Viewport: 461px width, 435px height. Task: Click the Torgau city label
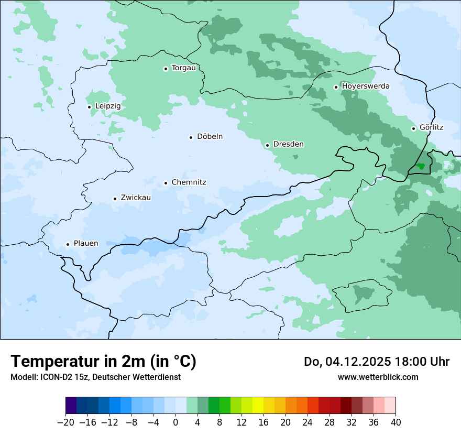coord(183,68)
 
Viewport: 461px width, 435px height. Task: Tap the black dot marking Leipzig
coord(90,107)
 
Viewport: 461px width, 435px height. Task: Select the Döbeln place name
coord(210,137)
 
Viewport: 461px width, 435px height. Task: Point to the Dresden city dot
coord(267,145)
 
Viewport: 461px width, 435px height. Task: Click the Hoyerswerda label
coord(366,86)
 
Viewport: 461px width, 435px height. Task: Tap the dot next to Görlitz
coord(414,128)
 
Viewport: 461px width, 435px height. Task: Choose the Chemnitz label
coord(189,182)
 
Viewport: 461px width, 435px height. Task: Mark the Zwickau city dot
coord(115,199)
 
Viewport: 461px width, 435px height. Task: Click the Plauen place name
coord(85,244)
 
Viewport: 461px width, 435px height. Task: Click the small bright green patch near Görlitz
coord(420,166)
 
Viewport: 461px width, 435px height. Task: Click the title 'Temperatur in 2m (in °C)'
coord(104,362)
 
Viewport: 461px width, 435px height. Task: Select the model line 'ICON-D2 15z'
coord(95,377)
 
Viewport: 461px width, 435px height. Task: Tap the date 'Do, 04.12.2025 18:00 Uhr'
coord(376,362)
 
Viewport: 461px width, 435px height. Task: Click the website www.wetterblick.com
coord(378,377)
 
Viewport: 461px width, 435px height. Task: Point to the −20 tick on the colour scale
coord(65,422)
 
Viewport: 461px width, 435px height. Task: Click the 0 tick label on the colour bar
coord(175,422)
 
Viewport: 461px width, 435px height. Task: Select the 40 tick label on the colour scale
coord(396,422)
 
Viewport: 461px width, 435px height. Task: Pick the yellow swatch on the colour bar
coord(258,406)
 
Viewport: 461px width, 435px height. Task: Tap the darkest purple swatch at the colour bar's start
coord(71,406)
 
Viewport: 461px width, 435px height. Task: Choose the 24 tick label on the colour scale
coord(308,422)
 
